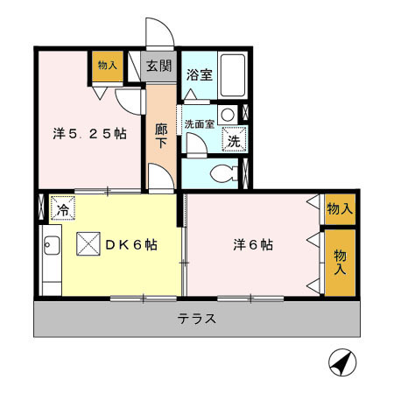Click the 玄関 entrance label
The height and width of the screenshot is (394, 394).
pyautogui.click(x=158, y=65)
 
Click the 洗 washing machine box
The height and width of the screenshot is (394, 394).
pyautogui.click(x=235, y=139)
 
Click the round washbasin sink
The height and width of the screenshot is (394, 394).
pyautogui.click(x=228, y=114)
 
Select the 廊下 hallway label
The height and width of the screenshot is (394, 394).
pyautogui.click(x=161, y=136)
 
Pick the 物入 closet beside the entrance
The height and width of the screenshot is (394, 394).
pyautogui.click(x=108, y=67)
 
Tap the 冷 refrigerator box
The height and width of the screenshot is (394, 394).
pyautogui.click(x=63, y=209)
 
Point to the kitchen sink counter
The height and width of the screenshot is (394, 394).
pyautogui.click(x=50, y=259)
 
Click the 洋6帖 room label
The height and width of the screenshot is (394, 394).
pyautogui.click(x=252, y=245)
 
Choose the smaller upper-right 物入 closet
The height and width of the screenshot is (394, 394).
pyautogui.click(x=340, y=208)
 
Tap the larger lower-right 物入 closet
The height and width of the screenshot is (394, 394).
pyautogui.click(x=340, y=261)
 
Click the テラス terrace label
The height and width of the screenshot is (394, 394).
pyautogui.click(x=197, y=319)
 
